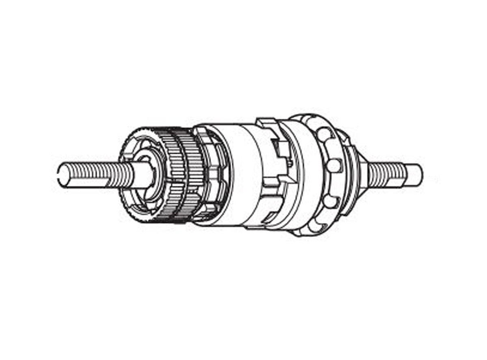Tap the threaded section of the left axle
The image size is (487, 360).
tap(93, 175)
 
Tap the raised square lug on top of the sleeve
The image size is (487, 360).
tap(266, 122)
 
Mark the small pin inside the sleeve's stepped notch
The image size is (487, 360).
tap(290, 162)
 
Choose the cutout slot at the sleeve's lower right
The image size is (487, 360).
tap(270, 219)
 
